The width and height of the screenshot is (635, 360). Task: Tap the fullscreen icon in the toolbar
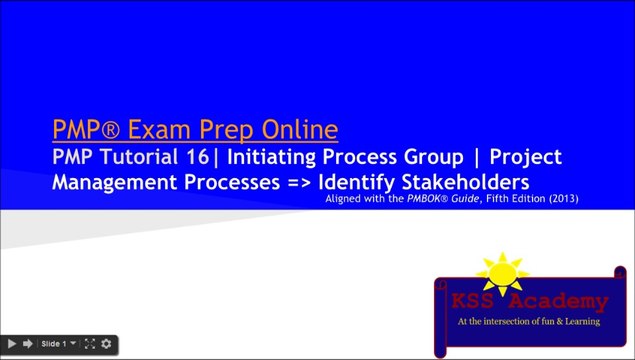pyautogui.click(x=89, y=344)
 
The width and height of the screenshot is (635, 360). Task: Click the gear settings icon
pyautogui.click(x=106, y=344)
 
